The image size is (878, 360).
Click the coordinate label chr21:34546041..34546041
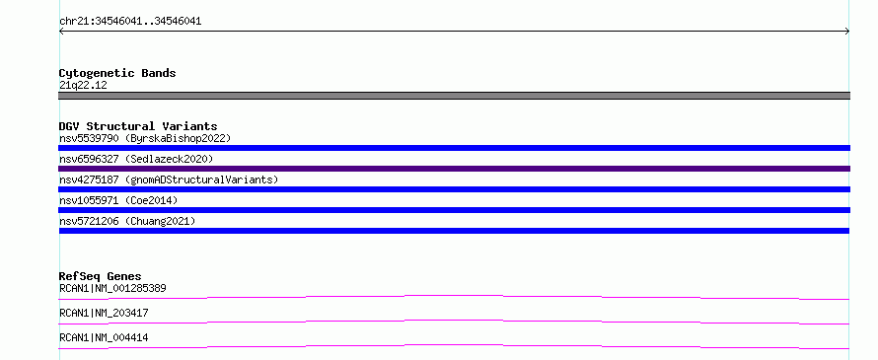[130, 22]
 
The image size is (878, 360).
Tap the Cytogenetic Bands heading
[117, 73]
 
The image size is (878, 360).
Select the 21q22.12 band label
[83, 86]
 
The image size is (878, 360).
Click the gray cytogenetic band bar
[454, 96]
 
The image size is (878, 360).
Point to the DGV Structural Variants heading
[138, 126]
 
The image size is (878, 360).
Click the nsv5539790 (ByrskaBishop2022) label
[145, 138]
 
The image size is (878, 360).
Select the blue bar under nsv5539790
[454, 148]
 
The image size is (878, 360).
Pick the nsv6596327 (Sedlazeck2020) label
[136, 159]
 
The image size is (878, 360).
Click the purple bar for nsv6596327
[454, 169]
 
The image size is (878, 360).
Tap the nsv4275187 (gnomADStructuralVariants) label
[169, 180]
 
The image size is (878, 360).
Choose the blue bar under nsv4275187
[454, 189]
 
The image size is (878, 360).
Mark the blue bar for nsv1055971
[454, 210]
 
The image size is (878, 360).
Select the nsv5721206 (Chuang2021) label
[127, 221]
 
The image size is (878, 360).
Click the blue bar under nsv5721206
[454, 231]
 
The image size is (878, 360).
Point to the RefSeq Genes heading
[101, 276]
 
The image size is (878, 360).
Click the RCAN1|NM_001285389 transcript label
[112, 288]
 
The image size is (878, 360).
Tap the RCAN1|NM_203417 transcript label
[104, 313]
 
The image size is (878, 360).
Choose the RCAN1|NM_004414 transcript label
[104, 337]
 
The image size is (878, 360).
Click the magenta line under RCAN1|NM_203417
[454, 321]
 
